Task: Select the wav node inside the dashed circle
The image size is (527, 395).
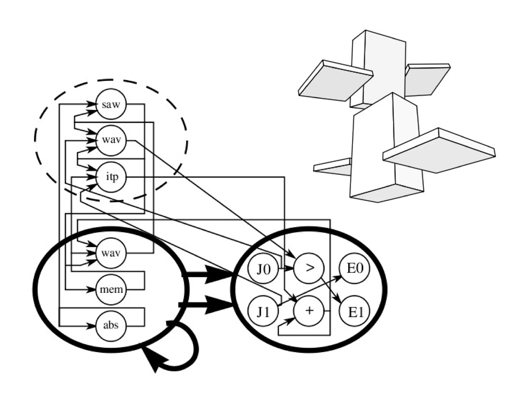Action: (x=111, y=141)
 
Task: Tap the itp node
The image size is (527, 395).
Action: (x=111, y=177)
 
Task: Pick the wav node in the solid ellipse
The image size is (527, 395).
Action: (x=111, y=253)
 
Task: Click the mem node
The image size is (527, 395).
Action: (x=111, y=289)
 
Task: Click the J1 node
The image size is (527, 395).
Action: (x=263, y=311)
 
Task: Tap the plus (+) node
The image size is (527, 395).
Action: (x=309, y=311)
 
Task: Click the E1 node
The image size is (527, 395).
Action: (x=355, y=311)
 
